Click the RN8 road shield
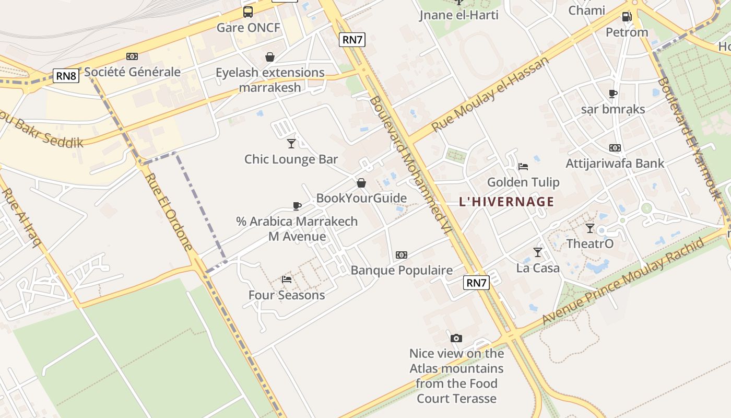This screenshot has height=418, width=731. click(66, 76)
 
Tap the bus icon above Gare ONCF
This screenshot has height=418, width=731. click(248, 11)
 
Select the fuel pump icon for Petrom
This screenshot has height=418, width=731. click(627, 17)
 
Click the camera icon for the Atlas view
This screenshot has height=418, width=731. click(456, 338)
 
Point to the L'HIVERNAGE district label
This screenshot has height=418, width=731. click(506, 202)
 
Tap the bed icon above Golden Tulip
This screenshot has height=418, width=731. click(523, 167)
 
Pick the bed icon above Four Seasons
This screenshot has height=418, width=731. click(287, 280)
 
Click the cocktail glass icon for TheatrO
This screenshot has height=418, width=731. click(590, 228)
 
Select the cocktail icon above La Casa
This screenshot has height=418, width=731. click(538, 252)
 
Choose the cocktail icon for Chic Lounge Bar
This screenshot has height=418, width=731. click(291, 144)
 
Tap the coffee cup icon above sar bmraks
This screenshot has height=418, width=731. click(613, 94)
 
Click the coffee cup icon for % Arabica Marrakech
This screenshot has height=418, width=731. click(297, 206)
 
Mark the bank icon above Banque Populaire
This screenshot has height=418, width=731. click(401, 255)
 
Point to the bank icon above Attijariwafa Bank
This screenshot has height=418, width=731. click(615, 148)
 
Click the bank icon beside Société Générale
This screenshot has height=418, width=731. click(132, 56)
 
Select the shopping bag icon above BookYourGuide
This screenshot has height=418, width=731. click(361, 183)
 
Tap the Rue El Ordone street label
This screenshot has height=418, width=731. click(169, 212)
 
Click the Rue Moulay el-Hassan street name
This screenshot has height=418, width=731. click(491, 94)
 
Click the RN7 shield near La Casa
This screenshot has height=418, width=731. click(476, 283)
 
